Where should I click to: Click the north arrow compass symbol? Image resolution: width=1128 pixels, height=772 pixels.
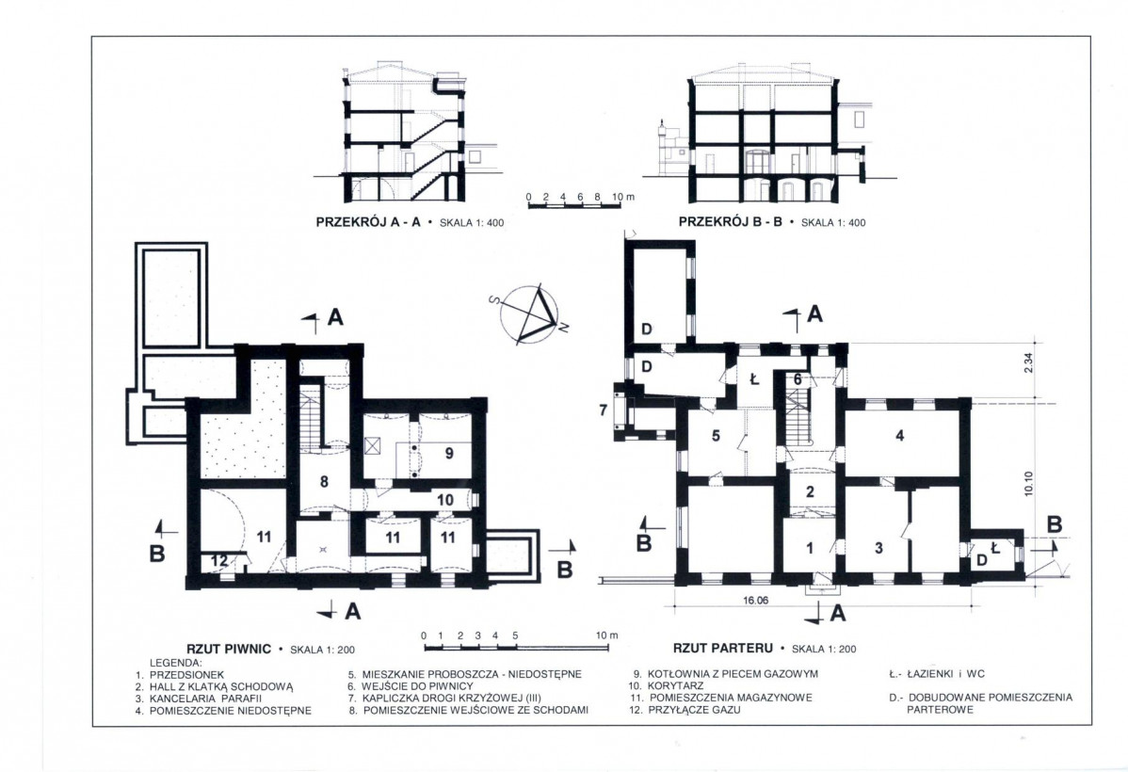[x=531, y=314]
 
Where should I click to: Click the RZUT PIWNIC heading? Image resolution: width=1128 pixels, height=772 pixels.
[x=229, y=649]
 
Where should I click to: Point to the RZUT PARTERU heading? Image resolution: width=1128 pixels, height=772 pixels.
[x=723, y=649]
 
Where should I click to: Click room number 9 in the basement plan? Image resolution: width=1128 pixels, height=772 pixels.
[x=449, y=453]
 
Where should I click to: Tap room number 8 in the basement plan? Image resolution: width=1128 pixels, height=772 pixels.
[x=324, y=482]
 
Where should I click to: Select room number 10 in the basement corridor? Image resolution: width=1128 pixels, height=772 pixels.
[x=445, y=500]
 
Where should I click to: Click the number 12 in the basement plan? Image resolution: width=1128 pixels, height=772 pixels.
[x=219, y=560]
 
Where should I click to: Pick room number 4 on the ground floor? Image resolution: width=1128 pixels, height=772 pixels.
[x=899, y=435]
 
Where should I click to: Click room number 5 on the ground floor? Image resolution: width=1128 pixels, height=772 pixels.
[x=716, y=436]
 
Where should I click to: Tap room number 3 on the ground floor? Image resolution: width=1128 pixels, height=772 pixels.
[x=878, y=548]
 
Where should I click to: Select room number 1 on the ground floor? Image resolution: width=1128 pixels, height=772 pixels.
[x=810, y=548]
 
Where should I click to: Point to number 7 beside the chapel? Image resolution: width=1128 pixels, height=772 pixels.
[x=603, y=410]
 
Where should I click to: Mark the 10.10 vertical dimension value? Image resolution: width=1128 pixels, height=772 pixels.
[x=1029, y=483]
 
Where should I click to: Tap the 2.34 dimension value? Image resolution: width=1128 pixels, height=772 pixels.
[x=1029, y=363]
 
